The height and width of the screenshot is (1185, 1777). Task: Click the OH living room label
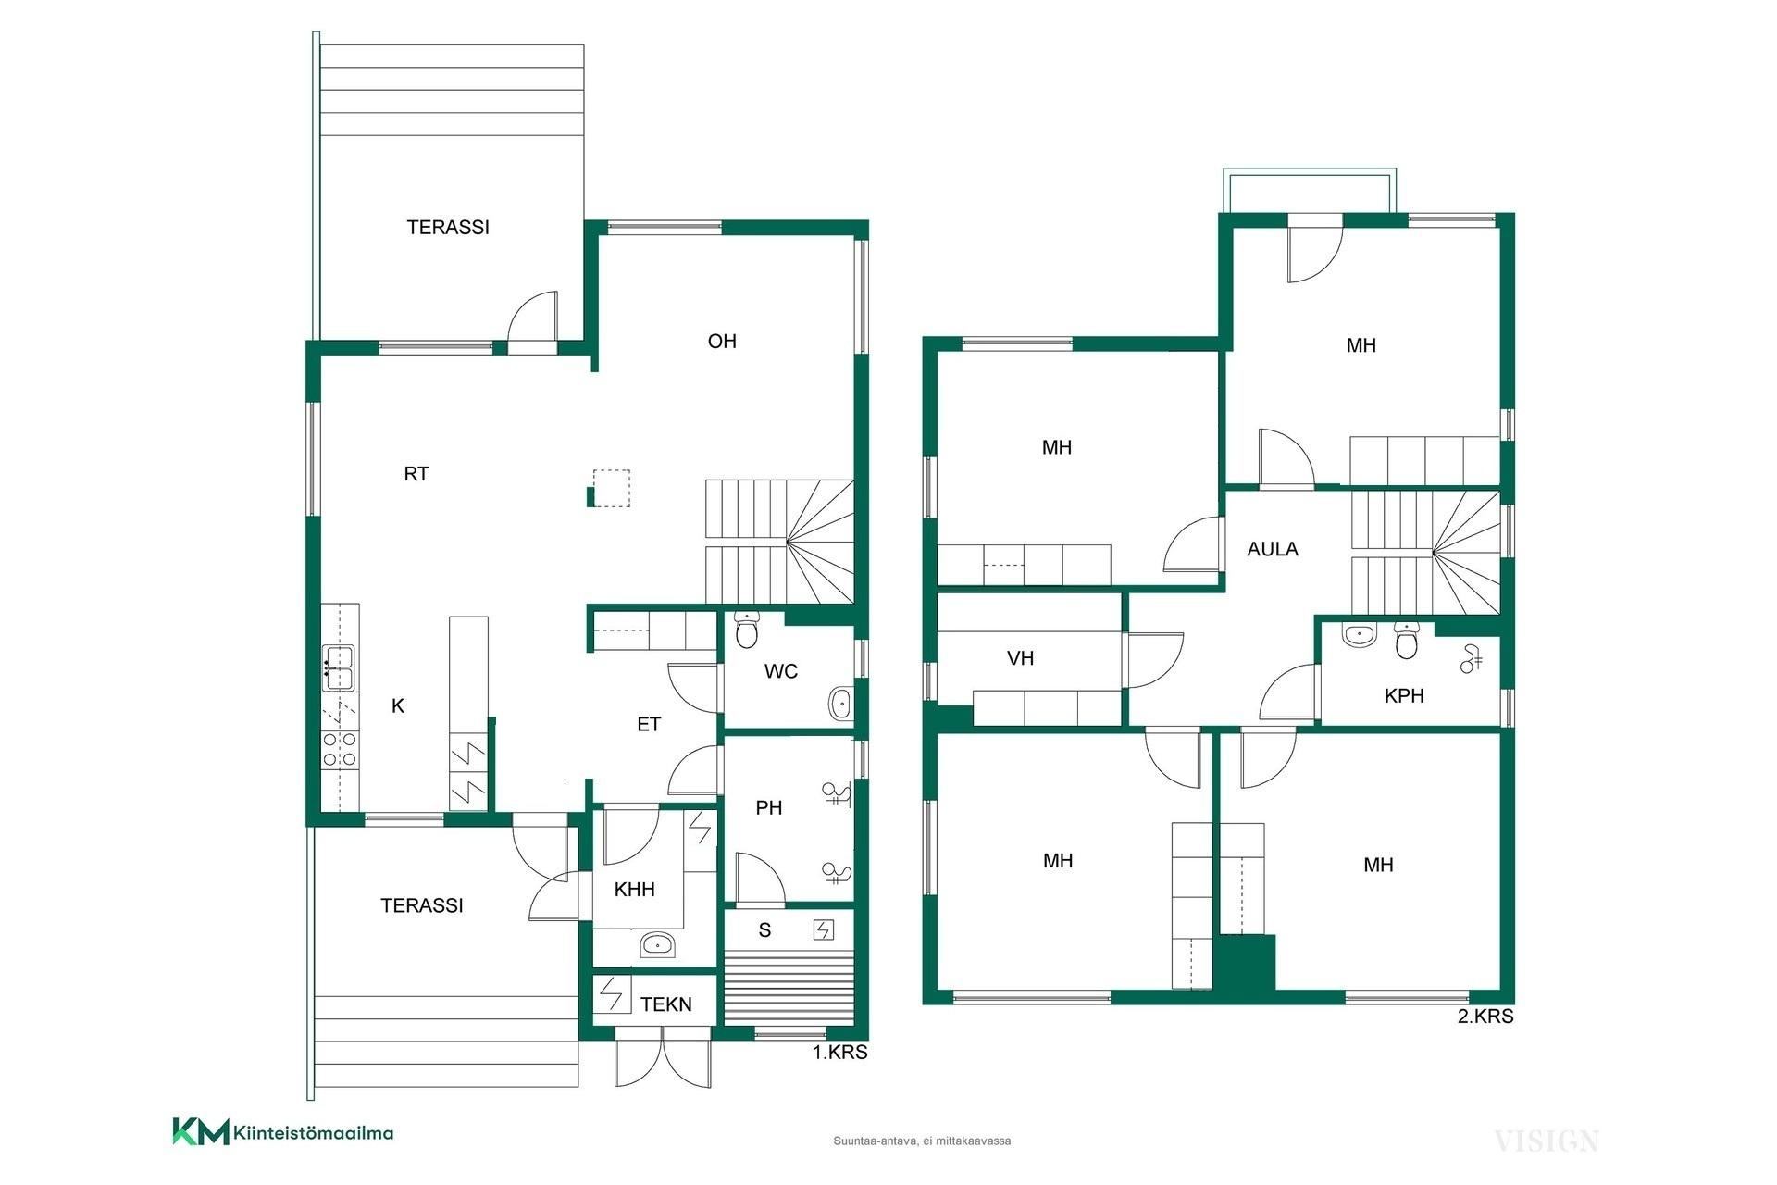tap(722, 342)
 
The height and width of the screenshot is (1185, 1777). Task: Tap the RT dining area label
tap(416, 474)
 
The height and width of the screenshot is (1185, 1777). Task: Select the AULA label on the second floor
tap(1273, 549)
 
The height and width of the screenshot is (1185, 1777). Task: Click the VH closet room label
tap(1020, 658)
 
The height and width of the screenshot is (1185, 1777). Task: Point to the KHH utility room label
tap(635, 890)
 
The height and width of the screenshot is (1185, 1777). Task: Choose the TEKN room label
tap(666, 1004)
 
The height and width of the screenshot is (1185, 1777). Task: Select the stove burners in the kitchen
tap(340, 749)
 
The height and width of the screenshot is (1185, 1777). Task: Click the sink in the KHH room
tap(657, 945)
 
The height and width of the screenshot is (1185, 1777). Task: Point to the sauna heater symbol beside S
tap(823, 929)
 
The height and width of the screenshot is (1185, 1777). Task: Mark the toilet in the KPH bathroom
tap(1407, 641)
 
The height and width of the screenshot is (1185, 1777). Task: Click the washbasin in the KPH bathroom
tap(1358, 635)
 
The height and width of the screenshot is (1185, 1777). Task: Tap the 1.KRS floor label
tap(840, 1053)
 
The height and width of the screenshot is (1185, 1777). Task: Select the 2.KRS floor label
tap(1485, 1017)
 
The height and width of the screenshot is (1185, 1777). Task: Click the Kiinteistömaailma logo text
tap(314, 1132)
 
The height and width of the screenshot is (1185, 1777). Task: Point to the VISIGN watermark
tap(1546, 1141)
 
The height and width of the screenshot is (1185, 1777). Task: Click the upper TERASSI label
tap(448, 228)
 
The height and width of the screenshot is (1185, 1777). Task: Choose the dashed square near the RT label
tap(611, 489)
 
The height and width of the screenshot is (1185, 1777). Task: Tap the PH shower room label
tap(769, 808)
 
